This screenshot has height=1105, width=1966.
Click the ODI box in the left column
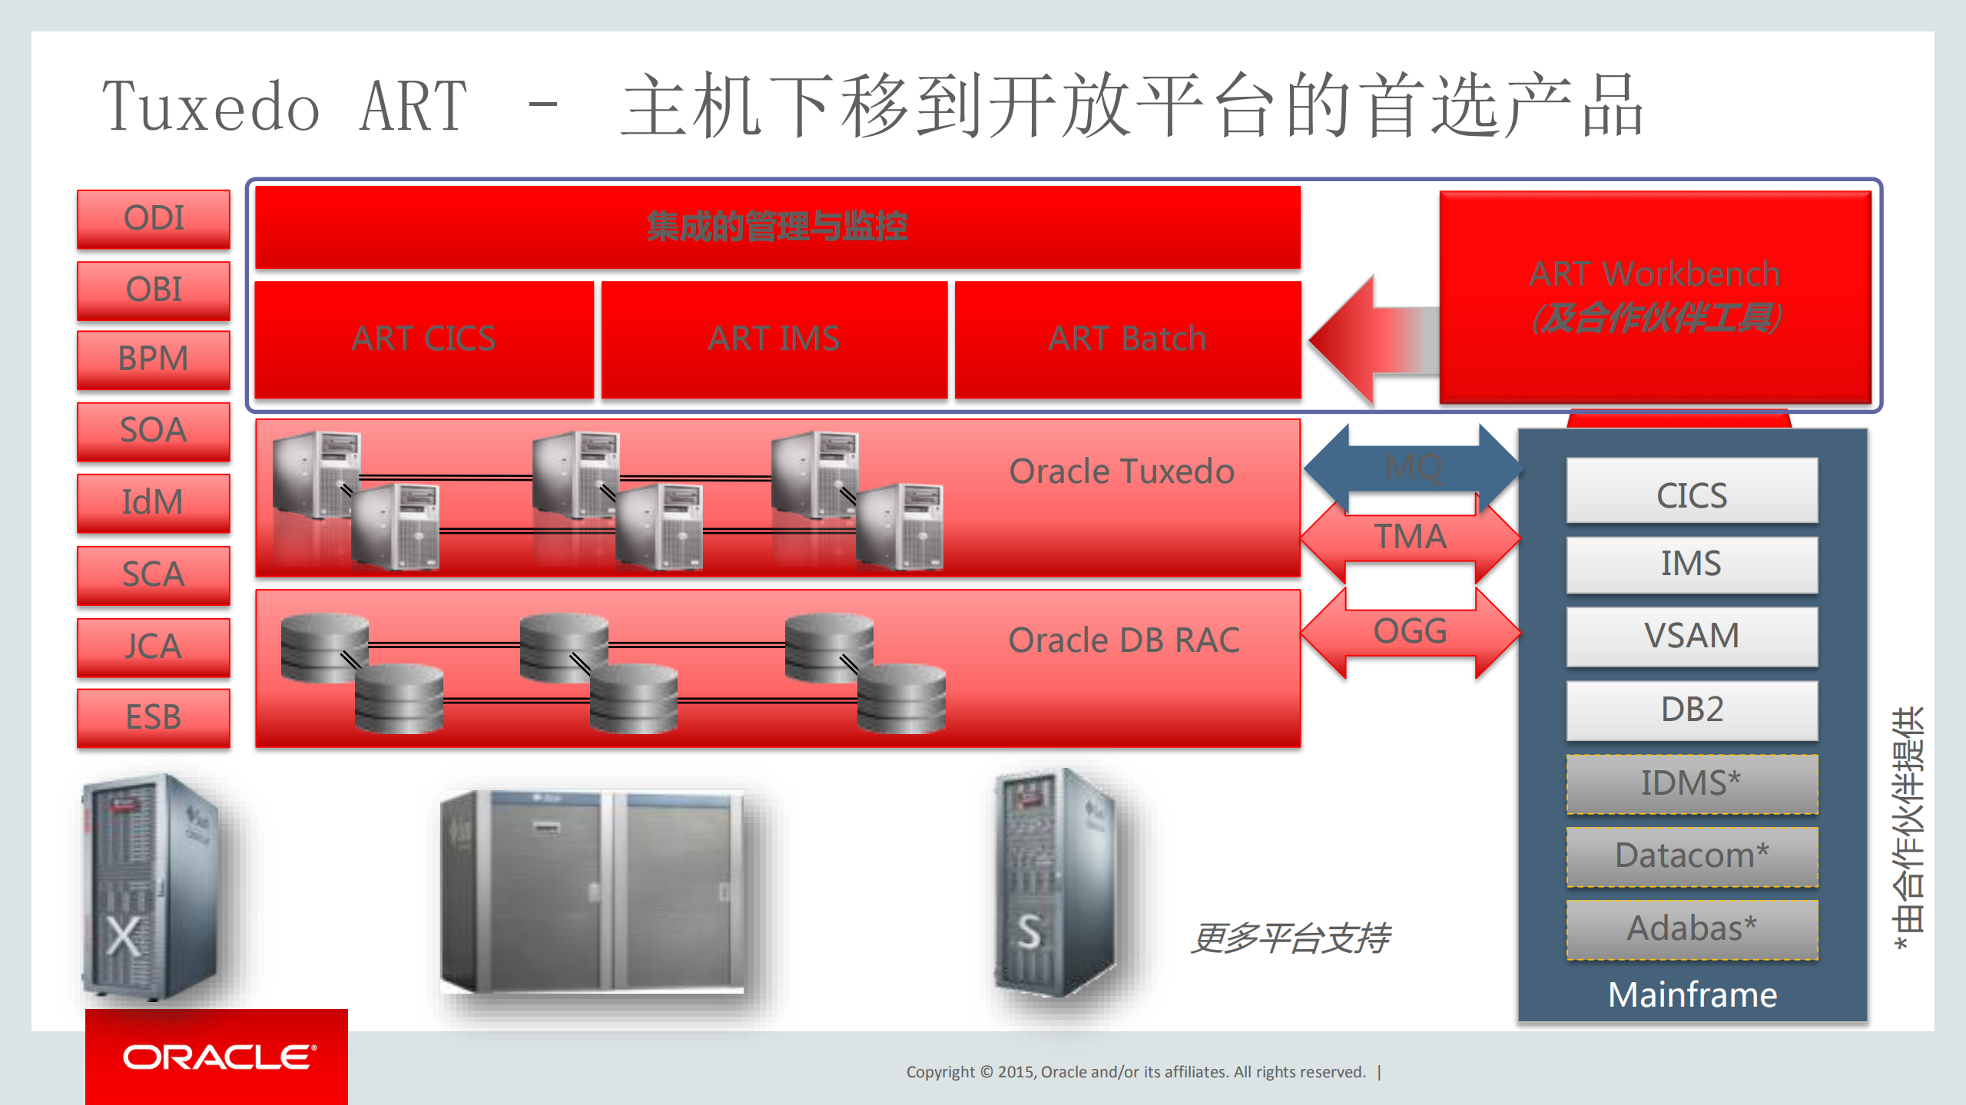click(x=154, y=218)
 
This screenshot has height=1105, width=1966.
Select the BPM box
click(x=154, y=359)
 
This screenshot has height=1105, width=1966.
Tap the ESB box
click(x=154, y=717)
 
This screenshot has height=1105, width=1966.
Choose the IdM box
click(x=154, y=502)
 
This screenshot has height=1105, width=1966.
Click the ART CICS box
click(x=423, y=339)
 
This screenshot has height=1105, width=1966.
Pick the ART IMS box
click(x=774, y=339)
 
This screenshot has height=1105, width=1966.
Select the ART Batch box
click(x=1127, y=339)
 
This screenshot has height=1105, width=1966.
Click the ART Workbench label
click(x=1654, y=274)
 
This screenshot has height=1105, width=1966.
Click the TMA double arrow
click(x=1411, y=537)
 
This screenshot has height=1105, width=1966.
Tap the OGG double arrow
click(x=1411, y=632)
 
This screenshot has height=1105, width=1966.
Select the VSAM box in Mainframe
click(x=1692, y=636)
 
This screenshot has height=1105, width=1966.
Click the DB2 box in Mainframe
click(x=1692, y=710)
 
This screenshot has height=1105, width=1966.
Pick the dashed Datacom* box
click(x=1692, y=855)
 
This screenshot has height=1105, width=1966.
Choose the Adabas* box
click(x=1692, y=928)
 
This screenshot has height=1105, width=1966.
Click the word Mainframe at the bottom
click(x=1692, y=995)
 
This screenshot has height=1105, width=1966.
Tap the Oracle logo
click(x=217, y=1057)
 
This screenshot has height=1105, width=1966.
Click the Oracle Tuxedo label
click(x=1121, y=471)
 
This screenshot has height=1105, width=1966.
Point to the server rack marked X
click(x=150, y=887)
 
